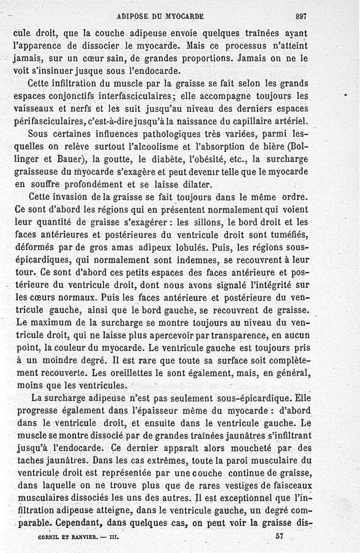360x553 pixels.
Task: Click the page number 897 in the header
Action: point(301,16)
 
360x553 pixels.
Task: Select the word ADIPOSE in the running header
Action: point(132,16)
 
